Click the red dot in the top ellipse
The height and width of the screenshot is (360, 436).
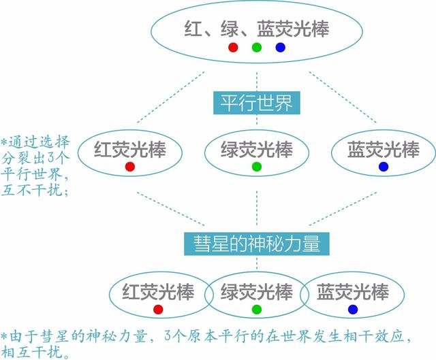click(233, 48)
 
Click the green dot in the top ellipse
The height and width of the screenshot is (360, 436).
click(256, 48)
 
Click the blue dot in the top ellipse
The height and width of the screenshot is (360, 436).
click(280, 48)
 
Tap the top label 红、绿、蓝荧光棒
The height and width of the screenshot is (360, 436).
click(257, 29)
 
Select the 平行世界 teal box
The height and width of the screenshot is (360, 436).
click(256, 104)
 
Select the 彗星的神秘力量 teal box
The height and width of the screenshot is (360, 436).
click(257, 243)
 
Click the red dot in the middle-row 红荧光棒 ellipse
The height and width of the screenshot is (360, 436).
click(130, 167)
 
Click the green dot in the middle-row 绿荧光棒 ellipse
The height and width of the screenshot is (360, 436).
click(257, 167)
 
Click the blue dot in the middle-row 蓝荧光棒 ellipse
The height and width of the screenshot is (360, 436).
click(384, 167)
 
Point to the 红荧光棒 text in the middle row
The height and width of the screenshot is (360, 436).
click(130, 148)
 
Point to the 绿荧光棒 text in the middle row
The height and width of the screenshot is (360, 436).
click(257, 148)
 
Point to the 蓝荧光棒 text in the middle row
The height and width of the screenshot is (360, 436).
click(384, 148)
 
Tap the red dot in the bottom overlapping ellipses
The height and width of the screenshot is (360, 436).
click(158, 310)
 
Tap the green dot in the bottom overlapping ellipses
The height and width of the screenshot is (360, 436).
click(257, 310)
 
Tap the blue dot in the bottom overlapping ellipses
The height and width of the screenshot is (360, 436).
click(353, 310)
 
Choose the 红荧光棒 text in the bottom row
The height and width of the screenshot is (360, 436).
click(158, 292)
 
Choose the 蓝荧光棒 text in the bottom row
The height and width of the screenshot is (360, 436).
click(353, 292)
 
